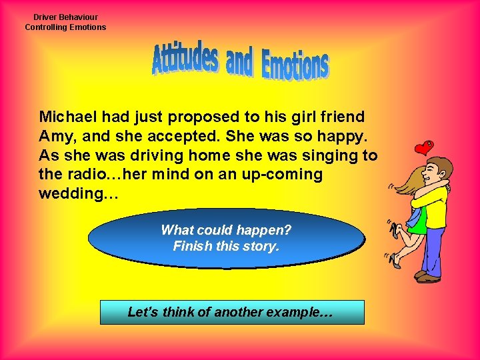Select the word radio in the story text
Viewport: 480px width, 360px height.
pyautogui.click(x=83, y=175)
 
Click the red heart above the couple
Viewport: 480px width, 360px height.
pyautogui.click(x=423, y=147)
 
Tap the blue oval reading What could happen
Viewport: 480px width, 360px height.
pyautogui.click(x=226, y=238)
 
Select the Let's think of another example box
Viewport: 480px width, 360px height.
pyautogui.click(x=232, y=312)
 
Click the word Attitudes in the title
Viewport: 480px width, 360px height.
pyautogui.click(x=185, y=60)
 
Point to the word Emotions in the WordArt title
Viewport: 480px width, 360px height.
pyautogui.click(x=295, y=65)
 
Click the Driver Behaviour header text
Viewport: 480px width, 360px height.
pyautogui.click(x=65, y=17)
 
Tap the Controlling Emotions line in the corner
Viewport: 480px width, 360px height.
pyautogui.click(x=65, y=27)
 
